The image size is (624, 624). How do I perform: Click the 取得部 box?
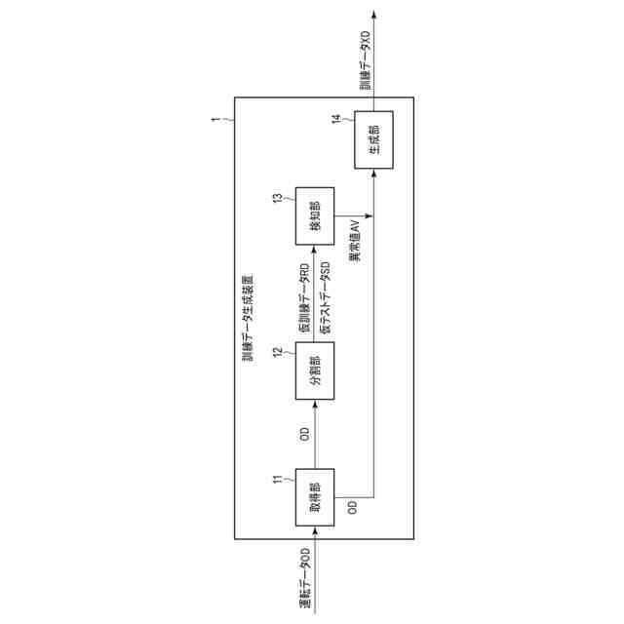[315, 499]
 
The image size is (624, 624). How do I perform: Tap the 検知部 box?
[315, 216]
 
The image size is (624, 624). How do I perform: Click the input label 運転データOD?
[305, 579]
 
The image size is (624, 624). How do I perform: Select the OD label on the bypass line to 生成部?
[353, 509]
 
